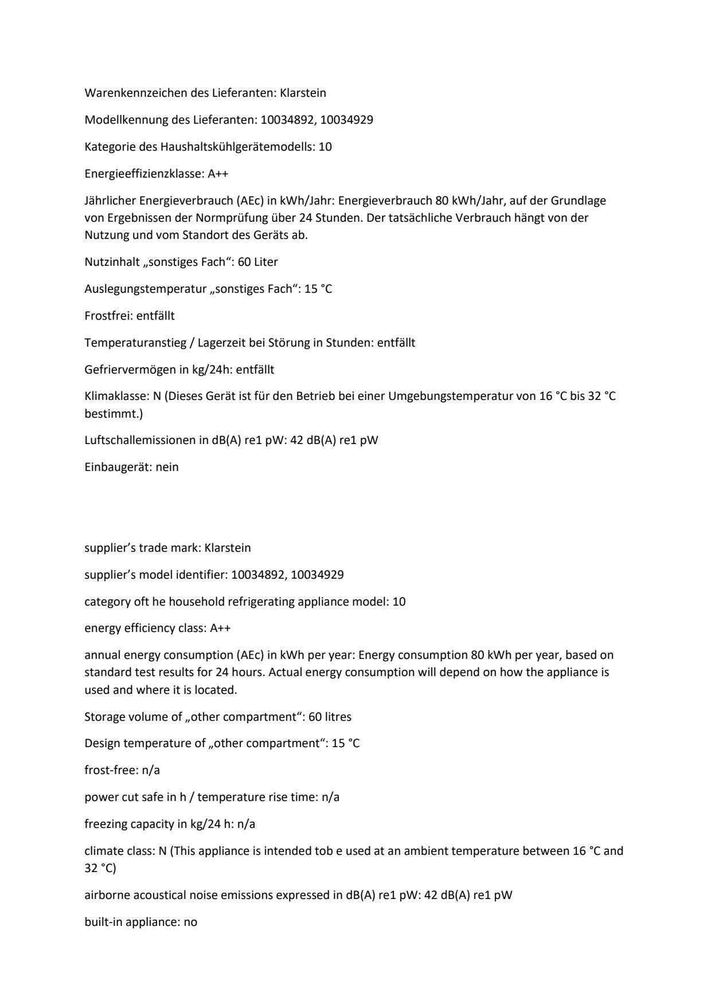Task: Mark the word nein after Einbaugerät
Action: point(167,468)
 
